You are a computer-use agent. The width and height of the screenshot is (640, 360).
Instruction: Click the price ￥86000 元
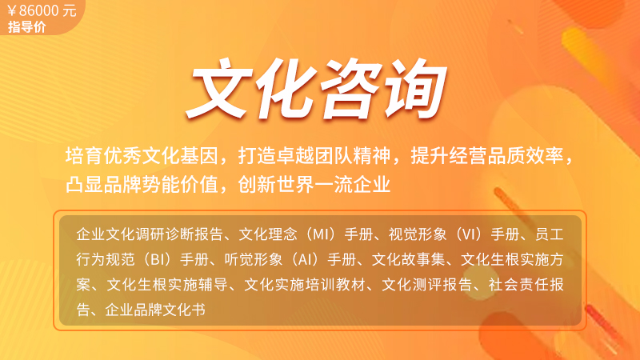click(42, 10)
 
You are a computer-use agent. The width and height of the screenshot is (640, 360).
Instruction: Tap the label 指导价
click(27, 27)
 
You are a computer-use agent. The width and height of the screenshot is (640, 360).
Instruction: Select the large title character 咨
click(351, 89)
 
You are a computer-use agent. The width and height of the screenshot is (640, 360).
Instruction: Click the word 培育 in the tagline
click(85, 155)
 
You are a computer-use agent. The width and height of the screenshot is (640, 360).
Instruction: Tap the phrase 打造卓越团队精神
click(314, 155)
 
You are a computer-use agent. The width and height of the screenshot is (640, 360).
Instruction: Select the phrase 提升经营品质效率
click(487, 155)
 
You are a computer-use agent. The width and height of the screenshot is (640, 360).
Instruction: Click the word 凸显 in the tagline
click(85, 184)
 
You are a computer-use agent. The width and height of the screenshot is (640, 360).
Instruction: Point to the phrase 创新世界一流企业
click(314, 184)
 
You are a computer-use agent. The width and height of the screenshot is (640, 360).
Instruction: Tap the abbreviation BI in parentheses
click(157, 259)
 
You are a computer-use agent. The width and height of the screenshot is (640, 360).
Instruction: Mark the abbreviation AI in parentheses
click(305, 259)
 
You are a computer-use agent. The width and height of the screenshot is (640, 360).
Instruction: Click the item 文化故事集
click(409, 259)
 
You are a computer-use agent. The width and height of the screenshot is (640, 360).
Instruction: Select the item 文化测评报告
click(427, 285)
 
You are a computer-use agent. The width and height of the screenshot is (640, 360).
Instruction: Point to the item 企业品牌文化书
click(155, 310)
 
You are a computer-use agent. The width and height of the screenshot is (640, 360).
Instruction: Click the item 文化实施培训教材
click(305, 285)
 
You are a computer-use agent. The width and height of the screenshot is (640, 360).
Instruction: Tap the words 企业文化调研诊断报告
click(150, 234)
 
